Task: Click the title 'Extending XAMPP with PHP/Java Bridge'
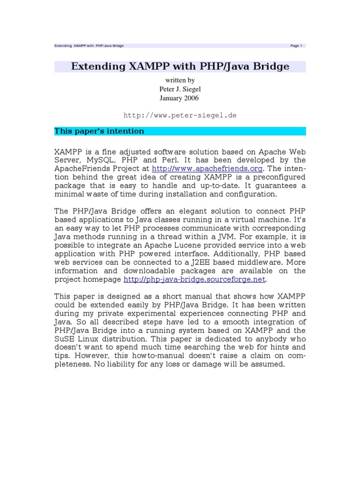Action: pyautogui.click(x=180, y=67)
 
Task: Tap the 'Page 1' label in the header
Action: pyautogui.click(x=296, y=46)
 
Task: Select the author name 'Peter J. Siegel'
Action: pyautogui.click(x=180, y=89)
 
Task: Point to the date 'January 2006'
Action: pyautogui.click(x=180, y=98)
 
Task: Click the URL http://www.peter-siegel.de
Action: pyautogui.click(x=180, y=115)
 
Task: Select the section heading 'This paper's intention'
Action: pyautogui.click(x=99, y=131)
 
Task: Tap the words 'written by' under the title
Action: pyautogui.click(x=180, y=80)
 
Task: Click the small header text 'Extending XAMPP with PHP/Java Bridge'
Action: pyautogui.click(x=89, y=46)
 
